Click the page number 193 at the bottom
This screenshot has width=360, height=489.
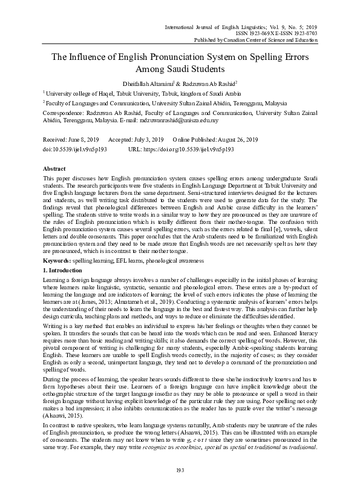180,470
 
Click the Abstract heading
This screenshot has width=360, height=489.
56,168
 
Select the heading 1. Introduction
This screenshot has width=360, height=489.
66,268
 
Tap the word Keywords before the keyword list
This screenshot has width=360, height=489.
59,260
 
